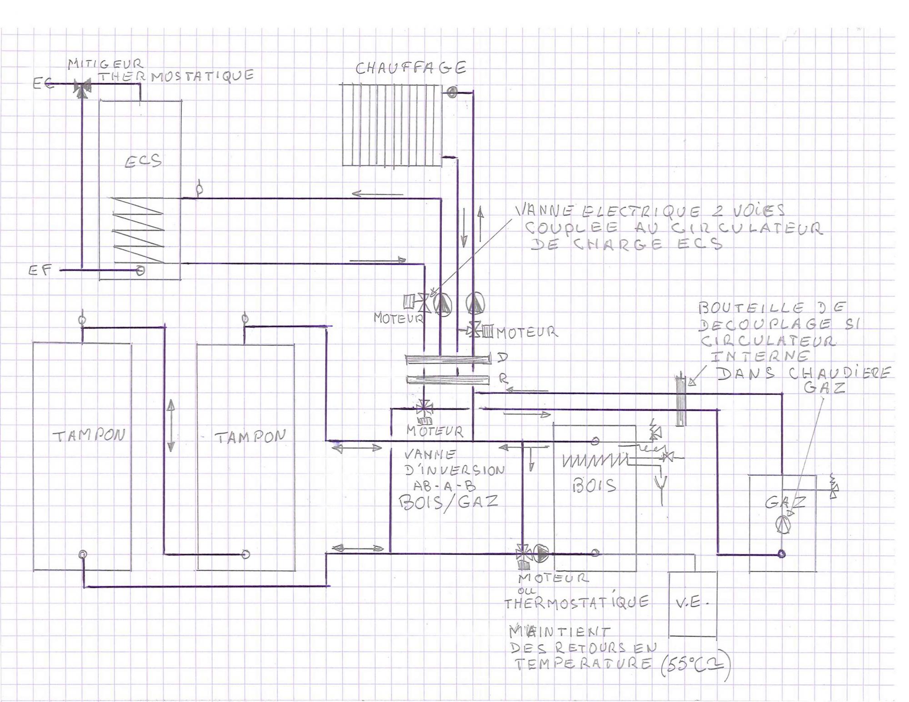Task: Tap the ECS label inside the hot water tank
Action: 143,161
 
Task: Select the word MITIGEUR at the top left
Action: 105,64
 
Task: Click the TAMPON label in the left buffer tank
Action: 89,436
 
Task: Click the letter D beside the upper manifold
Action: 502,358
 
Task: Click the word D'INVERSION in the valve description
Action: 455,470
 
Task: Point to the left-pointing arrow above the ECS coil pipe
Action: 377,194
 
